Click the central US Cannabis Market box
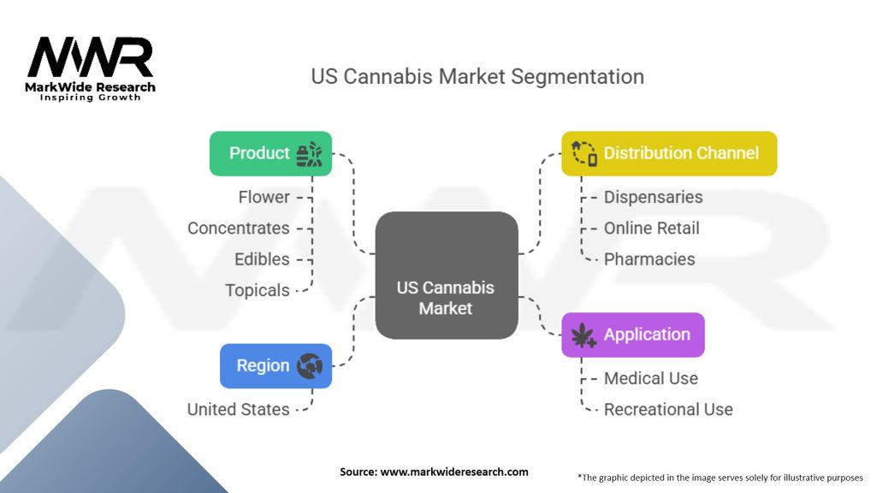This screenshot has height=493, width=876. click(446, 275)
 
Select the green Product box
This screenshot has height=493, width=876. click(270, 154)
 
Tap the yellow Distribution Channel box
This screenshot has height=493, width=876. click(669, 154)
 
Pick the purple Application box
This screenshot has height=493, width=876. click(633, 335)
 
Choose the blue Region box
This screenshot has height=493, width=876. click(275, 365)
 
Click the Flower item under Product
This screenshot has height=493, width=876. click(263, 197)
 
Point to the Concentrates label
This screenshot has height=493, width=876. click(238, 229)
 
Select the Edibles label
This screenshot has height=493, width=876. click(262, 259)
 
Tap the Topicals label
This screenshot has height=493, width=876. click(257, 290)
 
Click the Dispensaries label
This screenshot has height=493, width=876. click(653, 197)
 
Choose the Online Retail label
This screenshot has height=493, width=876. click(651, 229)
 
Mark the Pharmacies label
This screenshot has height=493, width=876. click(649, 259)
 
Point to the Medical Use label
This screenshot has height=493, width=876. click(650, 378)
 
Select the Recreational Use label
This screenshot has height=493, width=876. click(668, 410)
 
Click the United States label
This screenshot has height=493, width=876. click(238, 410)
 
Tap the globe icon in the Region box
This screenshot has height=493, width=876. click(309, 366)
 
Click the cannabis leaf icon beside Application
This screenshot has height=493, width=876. click(583, 336)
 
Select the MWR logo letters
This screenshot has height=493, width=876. click(91, 58)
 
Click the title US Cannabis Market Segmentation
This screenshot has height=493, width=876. click(477, 76)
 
